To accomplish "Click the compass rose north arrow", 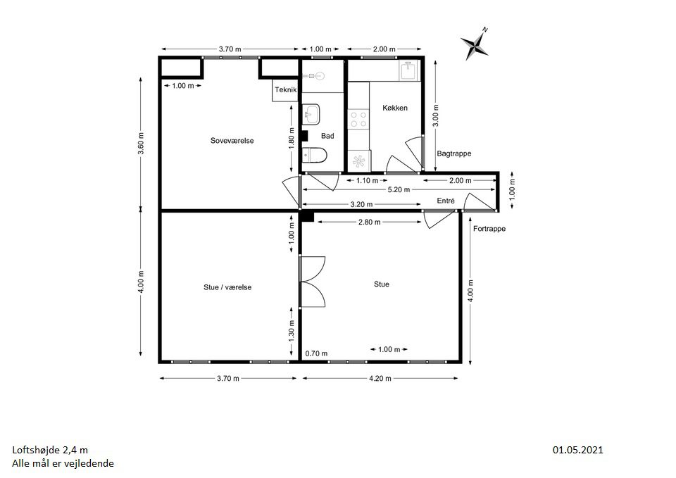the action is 475,44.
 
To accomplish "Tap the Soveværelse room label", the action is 232,141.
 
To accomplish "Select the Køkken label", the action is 395,108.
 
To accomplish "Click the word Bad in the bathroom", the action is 327,136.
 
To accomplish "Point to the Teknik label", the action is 286,89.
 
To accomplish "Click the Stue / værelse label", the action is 227,287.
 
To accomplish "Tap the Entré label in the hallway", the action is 446,201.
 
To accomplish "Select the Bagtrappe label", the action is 454,153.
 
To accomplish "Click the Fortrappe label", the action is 489,228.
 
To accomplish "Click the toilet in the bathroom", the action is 314,155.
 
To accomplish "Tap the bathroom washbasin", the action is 311,114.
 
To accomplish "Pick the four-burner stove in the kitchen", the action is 358,120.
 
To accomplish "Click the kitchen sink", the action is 408,70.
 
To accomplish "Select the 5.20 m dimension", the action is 399,189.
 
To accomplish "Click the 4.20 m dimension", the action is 380,379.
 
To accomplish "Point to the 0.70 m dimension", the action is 316,353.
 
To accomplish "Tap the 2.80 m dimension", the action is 370,222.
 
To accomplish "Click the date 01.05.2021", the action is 577,450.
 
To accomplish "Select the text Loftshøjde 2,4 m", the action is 50,451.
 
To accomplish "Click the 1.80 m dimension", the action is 292,139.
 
